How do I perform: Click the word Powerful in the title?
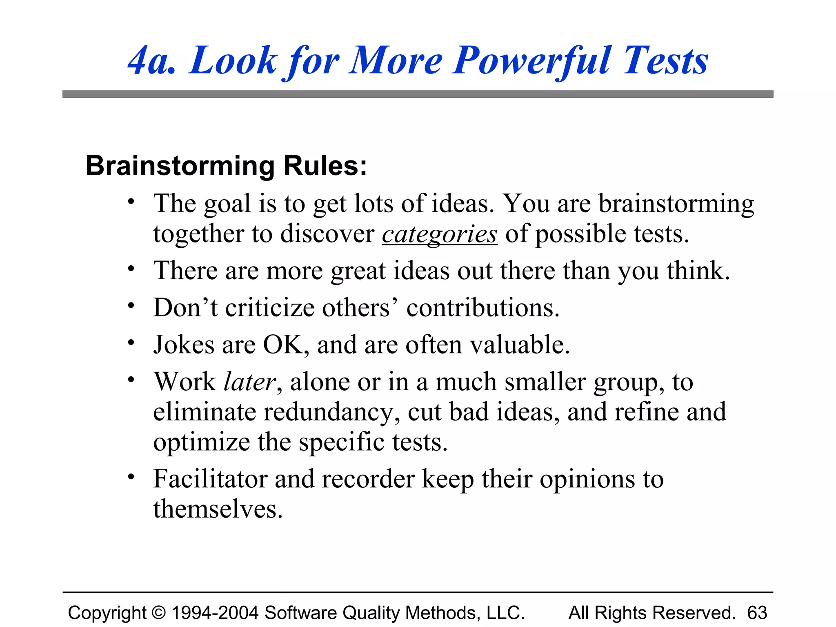click(532, 61)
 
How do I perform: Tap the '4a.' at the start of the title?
click(152, 61)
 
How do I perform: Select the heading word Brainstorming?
click(180, 166)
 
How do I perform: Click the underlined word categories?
click(440, 234)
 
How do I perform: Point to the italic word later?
click(250, 382)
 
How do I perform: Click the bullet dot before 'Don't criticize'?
click(131, 305)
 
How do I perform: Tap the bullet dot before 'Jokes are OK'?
click(131, 342)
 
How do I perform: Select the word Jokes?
click(184, 345)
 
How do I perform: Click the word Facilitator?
click(210, 479)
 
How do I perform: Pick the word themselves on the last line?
click(218, 509)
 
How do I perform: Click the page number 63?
click(757, 613)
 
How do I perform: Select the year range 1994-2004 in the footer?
click(215, 613)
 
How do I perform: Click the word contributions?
click(482, 308)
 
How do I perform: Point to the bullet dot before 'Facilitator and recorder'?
click(131, 476)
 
